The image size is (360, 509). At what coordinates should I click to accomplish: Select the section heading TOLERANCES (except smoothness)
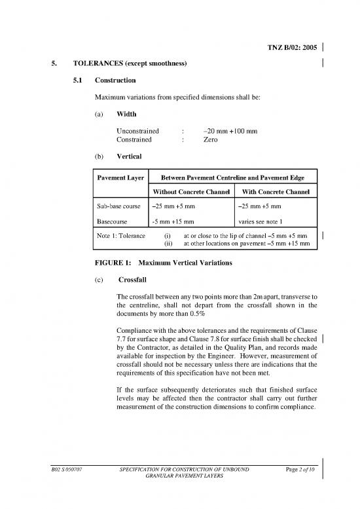pos(131,64)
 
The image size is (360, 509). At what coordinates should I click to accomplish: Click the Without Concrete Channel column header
pos(191,191)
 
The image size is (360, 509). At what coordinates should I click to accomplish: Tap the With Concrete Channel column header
pos(272,191)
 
